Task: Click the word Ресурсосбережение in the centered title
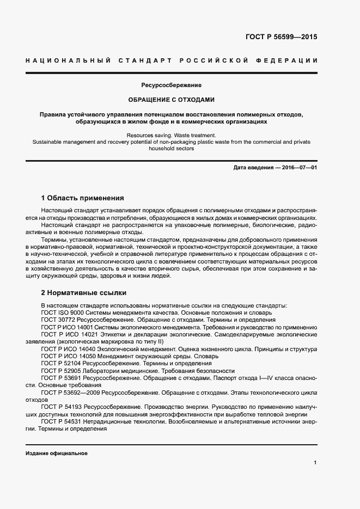click(x=172, y=85)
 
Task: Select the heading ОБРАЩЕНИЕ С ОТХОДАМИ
click(x=172, y=100)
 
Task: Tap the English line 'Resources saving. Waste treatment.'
click(x=172, y=135)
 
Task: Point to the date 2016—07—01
click(x=300, y=168)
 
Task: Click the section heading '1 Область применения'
click(x=83, y=198)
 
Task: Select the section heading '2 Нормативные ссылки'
click(x=83, y=292)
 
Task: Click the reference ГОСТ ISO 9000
click(x=62, y=313)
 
